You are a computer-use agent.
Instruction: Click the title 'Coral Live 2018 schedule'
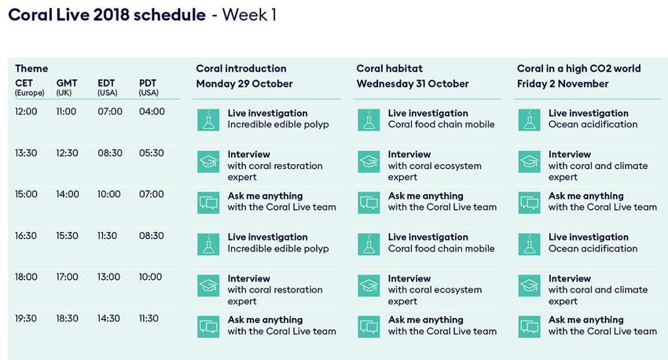[x=107, y=15]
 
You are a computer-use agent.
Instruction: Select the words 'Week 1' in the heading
[x=249, y=15]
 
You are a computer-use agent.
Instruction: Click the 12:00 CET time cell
[x=26, y=112]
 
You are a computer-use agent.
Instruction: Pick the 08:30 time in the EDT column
[x=110, y=153]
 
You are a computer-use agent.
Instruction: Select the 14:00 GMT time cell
[x=68, y=194]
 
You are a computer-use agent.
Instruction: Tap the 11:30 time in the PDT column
[x=149, y=318]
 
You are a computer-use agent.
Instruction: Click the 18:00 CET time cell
[x=26, y=277]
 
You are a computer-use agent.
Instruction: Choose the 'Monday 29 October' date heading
[x=244, y=83]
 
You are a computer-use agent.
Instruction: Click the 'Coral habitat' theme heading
[x=389, y=68]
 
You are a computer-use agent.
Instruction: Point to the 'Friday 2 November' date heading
[x=563, y=83]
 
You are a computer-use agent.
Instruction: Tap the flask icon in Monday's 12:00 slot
[x=208, y=119]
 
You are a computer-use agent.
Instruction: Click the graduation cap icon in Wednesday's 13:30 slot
[x=369, y=161]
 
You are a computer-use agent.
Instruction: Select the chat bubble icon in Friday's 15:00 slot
[x=530, y=202]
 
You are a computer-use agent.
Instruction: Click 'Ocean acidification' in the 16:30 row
[x=593, y=248]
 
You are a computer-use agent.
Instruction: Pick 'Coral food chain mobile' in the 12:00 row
[x=442, y=124]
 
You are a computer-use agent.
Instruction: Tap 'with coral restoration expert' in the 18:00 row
[x=275, y=296]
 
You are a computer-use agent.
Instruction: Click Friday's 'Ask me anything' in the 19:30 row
[x=585, y=320]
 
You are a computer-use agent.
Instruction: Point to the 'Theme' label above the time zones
[x=31, y=68]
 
